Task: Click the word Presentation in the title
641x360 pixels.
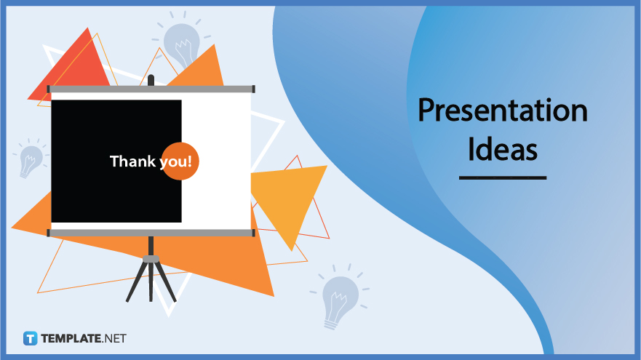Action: pyautogui.click(x=502, y=111)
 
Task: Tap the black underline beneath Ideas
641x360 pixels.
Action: pyautogui.click(x=502, y=177)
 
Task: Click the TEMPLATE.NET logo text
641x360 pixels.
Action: pyautogui.click(x=83, y=338)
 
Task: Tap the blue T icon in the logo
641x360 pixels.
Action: pyautogui.click(x=30, y=338)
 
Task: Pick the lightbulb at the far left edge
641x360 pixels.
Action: pyautogui.click(x=31, y=159)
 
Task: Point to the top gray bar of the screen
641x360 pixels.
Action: pyautogui.click(x=151, y=89)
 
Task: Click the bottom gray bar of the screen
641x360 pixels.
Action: pyautogui.click(x=151, y=233)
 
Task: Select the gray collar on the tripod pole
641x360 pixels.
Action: pyautogui.click(x=151, y=258)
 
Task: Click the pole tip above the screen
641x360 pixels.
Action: pyautogui.click(x=151, y=79)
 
